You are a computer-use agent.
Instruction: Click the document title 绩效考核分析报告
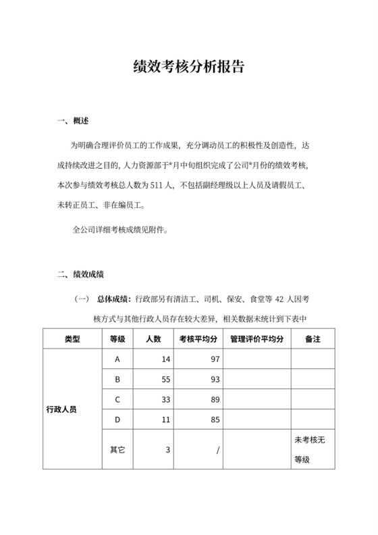click(188, 68)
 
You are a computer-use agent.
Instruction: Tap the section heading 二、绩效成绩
click(79, 274)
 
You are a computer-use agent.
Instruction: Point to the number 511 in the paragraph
click(158, 184)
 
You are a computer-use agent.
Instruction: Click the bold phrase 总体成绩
click(114, 298)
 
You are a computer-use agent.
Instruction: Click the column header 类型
click(72, 339)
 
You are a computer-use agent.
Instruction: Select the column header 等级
click(117, 339)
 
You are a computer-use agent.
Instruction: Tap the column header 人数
click(153, 339)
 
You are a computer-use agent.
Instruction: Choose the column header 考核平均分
click(198, 339)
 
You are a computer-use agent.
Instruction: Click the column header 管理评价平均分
click(256, 339)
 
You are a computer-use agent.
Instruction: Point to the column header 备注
click(313, 339)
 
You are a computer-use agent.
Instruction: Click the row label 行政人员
click(61, 409)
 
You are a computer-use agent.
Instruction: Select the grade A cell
click(117, 359)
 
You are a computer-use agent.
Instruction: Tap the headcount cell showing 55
click(165, 380)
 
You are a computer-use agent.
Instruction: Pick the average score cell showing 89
click(215, 400)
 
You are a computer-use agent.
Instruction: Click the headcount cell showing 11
click(165, 420)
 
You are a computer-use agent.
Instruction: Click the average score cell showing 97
click(215, 359)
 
